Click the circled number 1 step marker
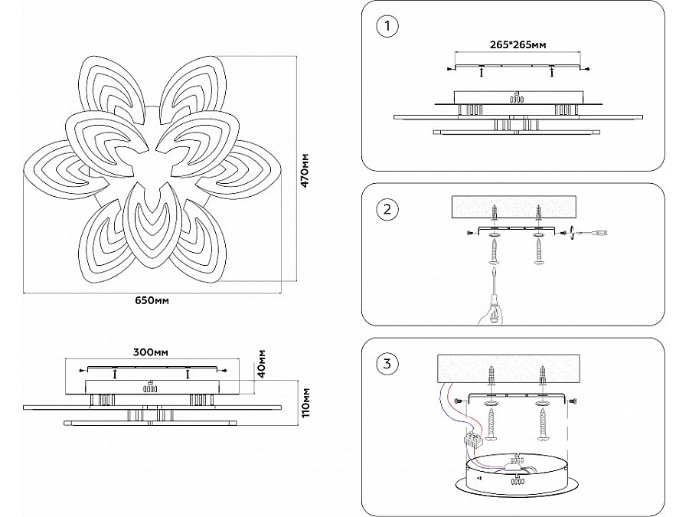pyautogui.click(x=388, y=28)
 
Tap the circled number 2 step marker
pyautogui.click(x=388, y=209)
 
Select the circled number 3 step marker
pyautogui.click(x=388, y=363)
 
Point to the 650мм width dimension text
pyautogui.click(x=151, y=300)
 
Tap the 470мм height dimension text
pyautogui.click(x=305, y=170)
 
